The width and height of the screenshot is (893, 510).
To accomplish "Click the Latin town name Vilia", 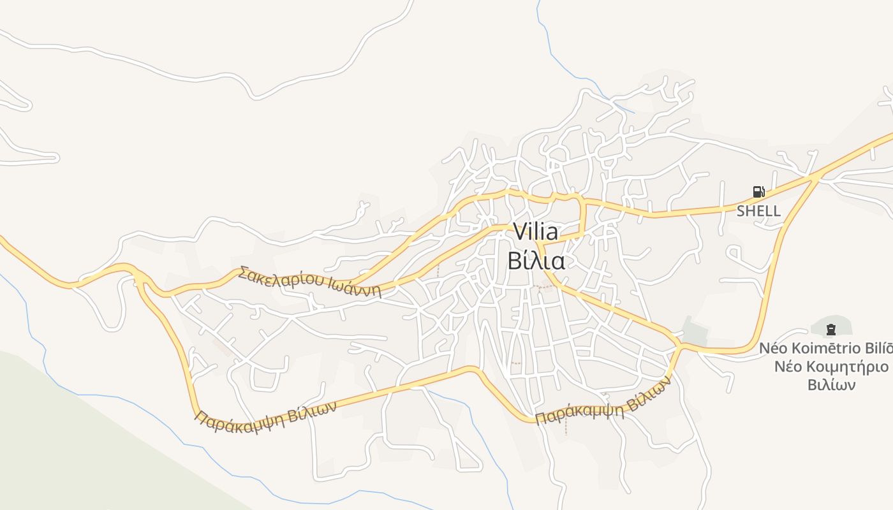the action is pos(536,232).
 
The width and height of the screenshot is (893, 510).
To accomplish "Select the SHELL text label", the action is pos(758,211).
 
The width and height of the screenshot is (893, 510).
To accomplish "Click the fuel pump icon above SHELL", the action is pos(758,192).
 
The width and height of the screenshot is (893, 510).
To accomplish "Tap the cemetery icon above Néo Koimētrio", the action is pos(830,330).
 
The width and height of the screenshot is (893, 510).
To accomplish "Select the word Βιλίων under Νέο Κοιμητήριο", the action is pos(832,385).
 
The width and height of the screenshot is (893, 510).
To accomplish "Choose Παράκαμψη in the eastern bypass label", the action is pos(578,413).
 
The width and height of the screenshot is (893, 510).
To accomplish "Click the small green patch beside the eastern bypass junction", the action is pos(695,331).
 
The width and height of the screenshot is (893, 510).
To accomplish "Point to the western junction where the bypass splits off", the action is pos(138,276).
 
